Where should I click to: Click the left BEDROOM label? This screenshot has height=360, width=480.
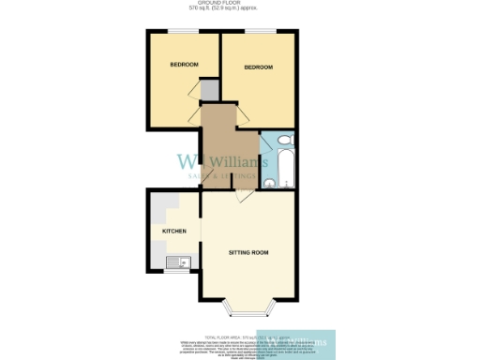click(184, 65)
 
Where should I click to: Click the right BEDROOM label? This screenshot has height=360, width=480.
click(258, 67)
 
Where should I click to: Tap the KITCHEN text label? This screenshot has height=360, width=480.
click(174, 231)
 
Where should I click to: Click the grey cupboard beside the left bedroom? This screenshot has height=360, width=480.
click(209, 89)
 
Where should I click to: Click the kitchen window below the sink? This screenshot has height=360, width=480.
click(175, 273)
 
